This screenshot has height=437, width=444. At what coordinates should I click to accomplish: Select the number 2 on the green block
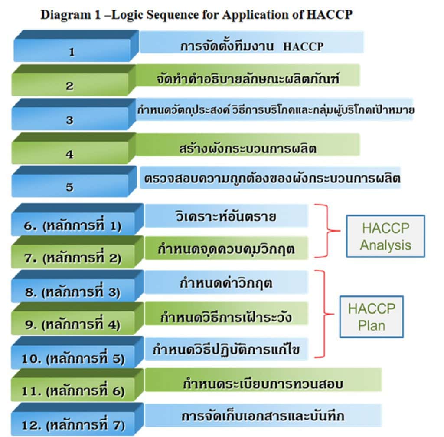point(70,86)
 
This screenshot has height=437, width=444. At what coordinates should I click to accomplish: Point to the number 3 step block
point(70,120)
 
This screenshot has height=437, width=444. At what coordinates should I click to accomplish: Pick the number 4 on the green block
point(70,154)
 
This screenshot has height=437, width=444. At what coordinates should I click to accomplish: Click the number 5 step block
point(70,187)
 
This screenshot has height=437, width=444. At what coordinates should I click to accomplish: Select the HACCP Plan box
point(372,317)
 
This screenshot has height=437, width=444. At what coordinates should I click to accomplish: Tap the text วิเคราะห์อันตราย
point(227,215)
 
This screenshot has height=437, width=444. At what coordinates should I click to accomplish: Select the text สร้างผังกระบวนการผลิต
point(248,148)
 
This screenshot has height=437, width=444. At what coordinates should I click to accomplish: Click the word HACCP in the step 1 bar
point(303,46)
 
